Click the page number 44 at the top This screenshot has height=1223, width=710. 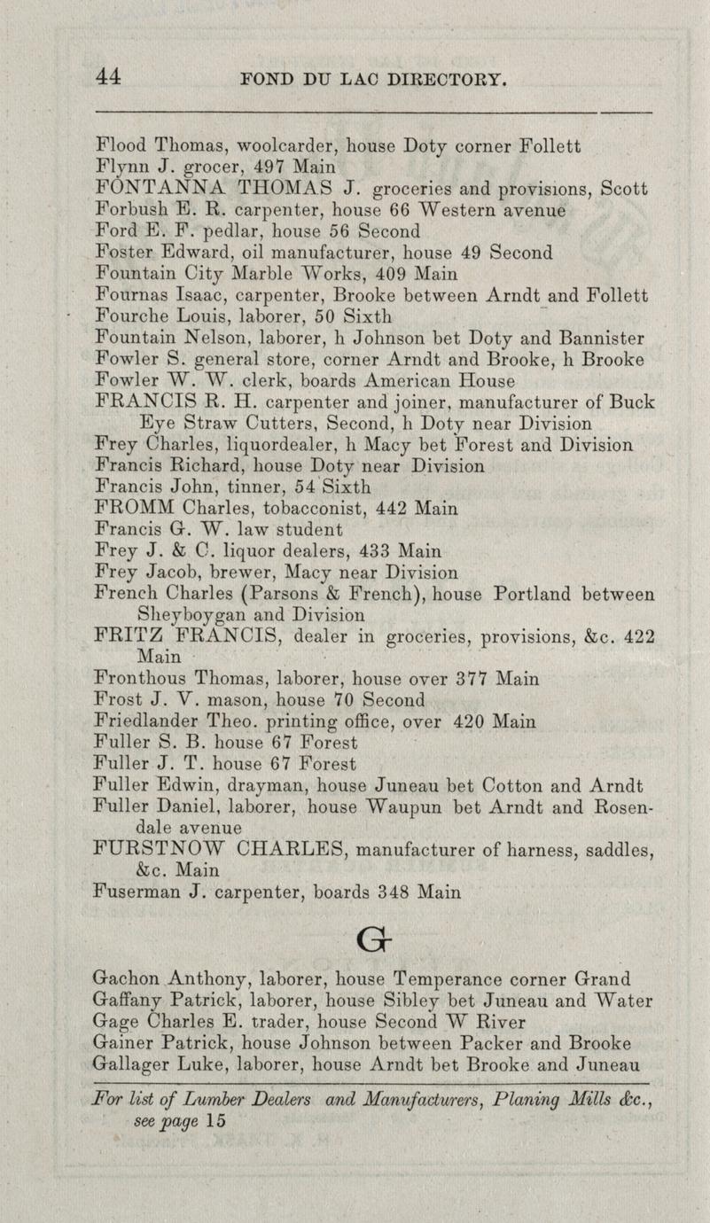109,77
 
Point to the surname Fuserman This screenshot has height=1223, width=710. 136,892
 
